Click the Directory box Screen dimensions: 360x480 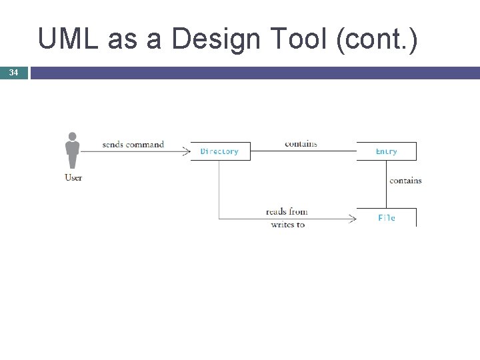pyautogui.click(x=220, y=151)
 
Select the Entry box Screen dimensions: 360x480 pyautogui.click(x=386, y=151)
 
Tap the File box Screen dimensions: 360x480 pyautogui.click(x=386, y=217)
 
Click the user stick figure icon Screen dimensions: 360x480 pyautogui.click(x=73, y=151)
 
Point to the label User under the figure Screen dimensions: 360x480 pyautogui.click(x=73, y=177)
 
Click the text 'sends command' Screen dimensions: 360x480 pyautogui.click(x=133, y=144)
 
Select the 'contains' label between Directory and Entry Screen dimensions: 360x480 pyautogui.click(x=301, y=143)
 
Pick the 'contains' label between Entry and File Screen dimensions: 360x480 pyautogui.click(x=405, y=180)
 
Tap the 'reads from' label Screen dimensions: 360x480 pyautogui.click(x=287, y=212)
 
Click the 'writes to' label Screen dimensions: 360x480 pyautogui.click(x=288, y=225)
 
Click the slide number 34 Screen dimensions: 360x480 pyautogui.click(x=13, y=72)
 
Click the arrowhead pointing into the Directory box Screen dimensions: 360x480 pyautogui.click(x=187, y=151)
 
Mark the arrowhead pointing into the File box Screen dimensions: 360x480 pyautogui.click(x=353, y=218)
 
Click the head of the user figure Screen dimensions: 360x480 pyautogui.click(x=73, y=137)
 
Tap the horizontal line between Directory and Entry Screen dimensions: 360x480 pyautogui.click(x=303, y=151)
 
